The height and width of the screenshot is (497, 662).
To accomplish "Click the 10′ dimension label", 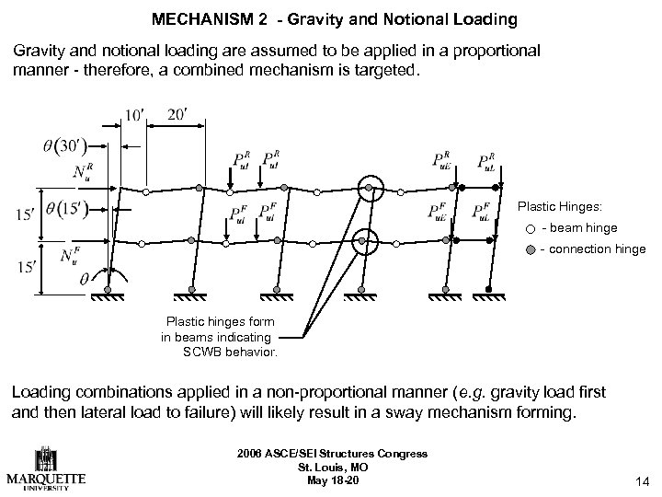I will pyautogui.click(x=134, y=116).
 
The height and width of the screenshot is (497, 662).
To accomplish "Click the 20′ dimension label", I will pyautogui.click(x=178, y=116).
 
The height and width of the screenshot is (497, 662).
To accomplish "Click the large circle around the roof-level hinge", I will pyautogui.click(x=369, y=190).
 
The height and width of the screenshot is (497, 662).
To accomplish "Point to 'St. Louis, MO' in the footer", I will pyautogui.click(x=330, y=467).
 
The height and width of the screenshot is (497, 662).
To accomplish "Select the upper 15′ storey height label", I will pyautogui.click(x=26, y=216).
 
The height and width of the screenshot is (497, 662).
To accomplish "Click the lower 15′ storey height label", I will pyautogui.click(x=26, y=269).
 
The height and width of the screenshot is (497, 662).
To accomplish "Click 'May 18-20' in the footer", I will pyautogui.click(x=330, y=479).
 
